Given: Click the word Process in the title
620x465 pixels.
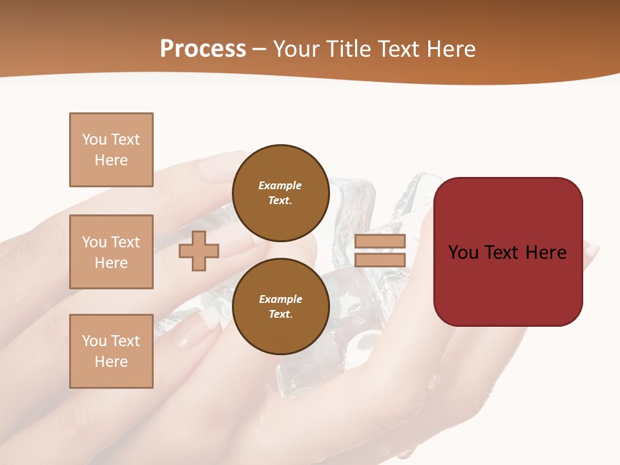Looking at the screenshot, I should tap(203, 49).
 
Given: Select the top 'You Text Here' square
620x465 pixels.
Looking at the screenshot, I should tap(111, 150).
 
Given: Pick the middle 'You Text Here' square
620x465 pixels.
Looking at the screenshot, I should tap(111, 252).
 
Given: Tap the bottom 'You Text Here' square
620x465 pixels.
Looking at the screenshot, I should tap(111, 351).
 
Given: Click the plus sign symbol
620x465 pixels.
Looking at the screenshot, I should tap(199, 251).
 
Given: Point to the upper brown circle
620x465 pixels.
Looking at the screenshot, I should tap(280, 192).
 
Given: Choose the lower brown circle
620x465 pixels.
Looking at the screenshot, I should tap(280, 306).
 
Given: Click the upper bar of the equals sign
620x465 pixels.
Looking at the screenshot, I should tap(380, 242).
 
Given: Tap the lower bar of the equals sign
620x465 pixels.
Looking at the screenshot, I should tap(380, 260).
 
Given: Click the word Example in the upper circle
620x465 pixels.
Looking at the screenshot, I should tap(280, 185).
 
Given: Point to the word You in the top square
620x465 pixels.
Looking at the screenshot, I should tap(94, 139).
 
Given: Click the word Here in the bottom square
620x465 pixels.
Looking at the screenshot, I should tap(111, 362).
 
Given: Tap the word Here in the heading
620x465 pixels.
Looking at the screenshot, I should tap(451, 49).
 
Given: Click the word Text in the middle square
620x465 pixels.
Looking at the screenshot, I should tap(125, 242).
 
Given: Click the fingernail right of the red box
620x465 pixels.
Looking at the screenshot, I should tap(592, 250).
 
